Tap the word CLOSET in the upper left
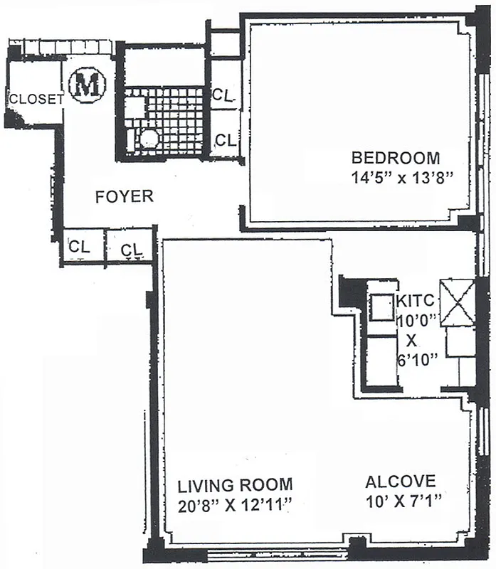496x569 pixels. click(x=36, y=100)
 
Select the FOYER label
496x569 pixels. click(x=124, y=197)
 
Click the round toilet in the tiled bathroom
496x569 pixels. click(x=149, y=138)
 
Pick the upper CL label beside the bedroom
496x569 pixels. click(x=225, y=94)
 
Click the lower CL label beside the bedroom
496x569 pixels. click(x=225, y=140)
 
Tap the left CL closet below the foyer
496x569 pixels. click(x=80, y=247)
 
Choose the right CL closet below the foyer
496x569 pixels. click(x=131, y=249)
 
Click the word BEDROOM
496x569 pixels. click(x=396, y=158)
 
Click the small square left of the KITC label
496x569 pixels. click(x=381, y=307)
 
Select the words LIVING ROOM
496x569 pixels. click(x=235, y=486)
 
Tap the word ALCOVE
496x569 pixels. click(x=401, y=482)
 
